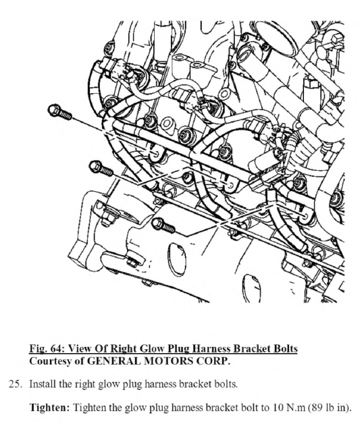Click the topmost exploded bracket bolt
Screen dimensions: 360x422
60,112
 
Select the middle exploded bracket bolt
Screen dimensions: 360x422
101,168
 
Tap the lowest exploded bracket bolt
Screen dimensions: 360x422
163,226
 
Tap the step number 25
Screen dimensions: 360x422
15,384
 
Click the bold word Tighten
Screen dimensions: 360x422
49,407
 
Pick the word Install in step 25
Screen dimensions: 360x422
43,384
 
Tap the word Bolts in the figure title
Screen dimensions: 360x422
286,348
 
